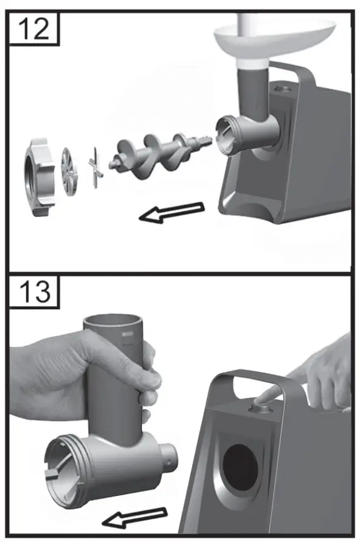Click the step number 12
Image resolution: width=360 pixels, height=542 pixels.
click(x=33, y=29)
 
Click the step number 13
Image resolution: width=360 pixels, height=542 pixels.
click(x=34, y=292)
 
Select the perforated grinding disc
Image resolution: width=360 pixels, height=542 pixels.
click(x=69, y=172)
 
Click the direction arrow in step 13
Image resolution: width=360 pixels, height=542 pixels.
click(x=135, y=518)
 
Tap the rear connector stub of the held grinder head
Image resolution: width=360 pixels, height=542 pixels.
click(x=168, y=457)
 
